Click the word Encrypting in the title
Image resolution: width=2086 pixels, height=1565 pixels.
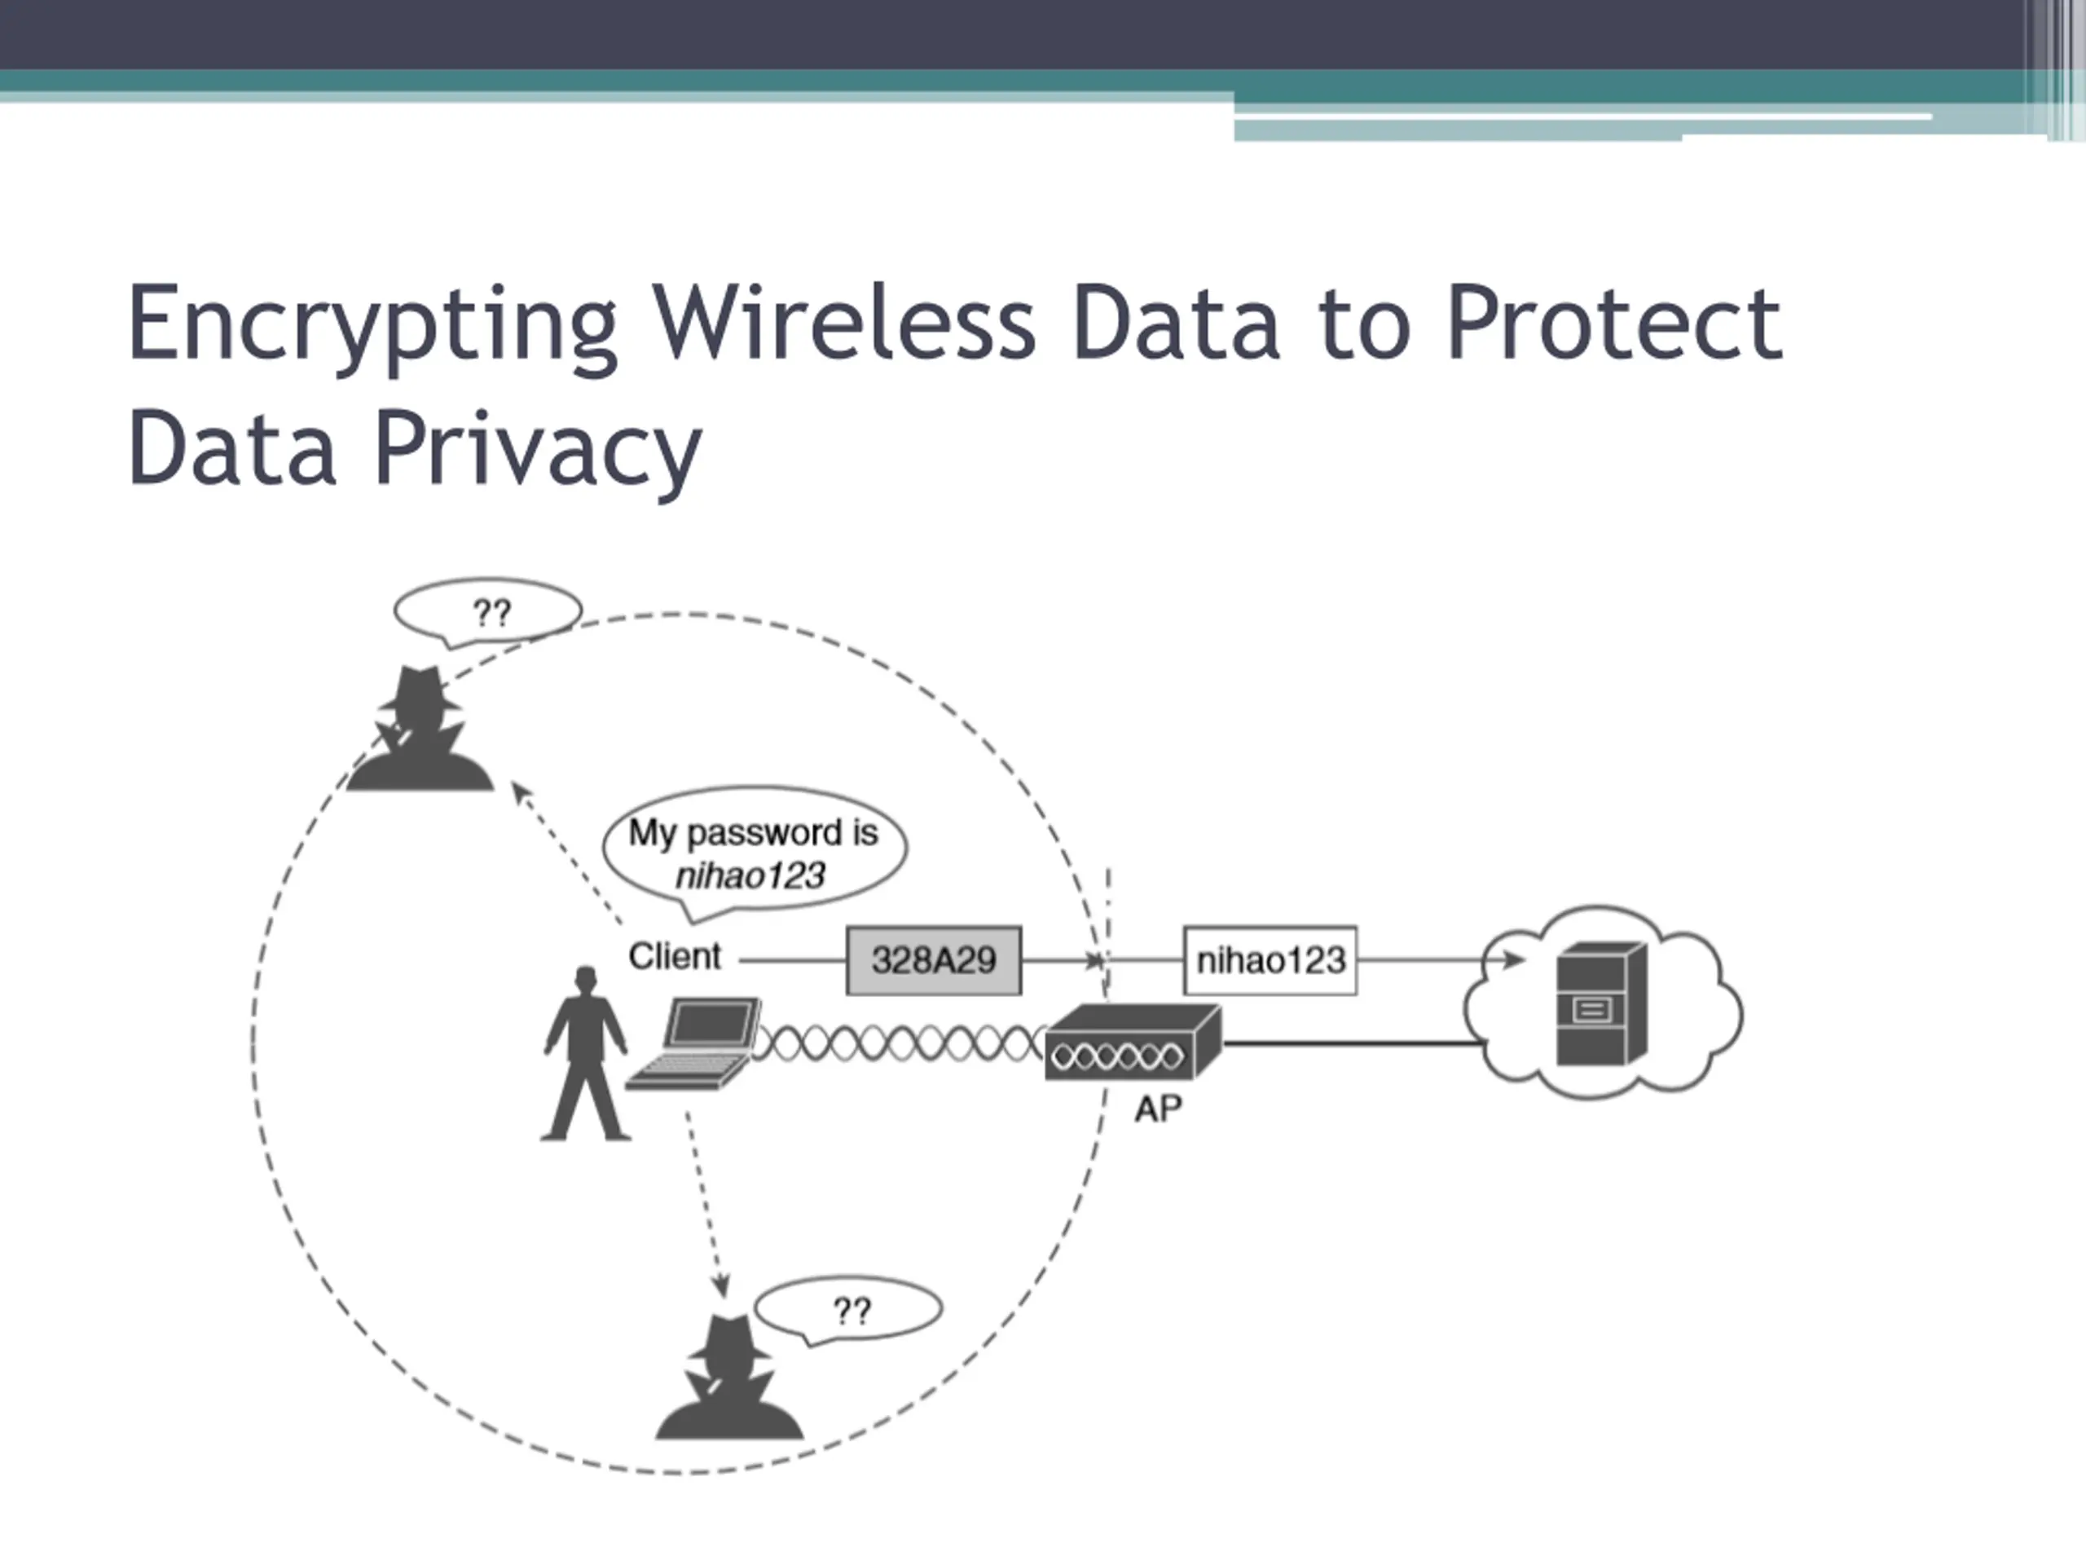coord(372,324)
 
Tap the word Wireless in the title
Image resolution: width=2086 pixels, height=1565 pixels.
coord(844,324)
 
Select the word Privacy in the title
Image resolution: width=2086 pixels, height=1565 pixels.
coord(538,449)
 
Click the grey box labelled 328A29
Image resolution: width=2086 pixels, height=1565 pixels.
coord(934,960)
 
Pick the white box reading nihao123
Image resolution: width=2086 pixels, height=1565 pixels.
coord(1270,960)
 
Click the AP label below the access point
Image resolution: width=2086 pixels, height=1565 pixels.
coord(1157,1109)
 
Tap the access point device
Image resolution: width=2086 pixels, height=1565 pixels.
coord(1132,1043)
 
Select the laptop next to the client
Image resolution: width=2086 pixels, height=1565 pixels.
coord(698,1043)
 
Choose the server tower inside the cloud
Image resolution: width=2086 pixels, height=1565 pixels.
coord(1600,1006)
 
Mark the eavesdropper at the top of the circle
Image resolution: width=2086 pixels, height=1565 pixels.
coord(420,731)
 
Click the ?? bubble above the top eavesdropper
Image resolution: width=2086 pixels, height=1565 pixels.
coord(488,613)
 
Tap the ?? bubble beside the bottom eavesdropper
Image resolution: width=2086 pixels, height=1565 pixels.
coord(850,1309)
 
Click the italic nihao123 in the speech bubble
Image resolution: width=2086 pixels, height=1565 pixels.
coord(750,876)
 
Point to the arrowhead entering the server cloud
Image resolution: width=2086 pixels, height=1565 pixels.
coord(1514,960)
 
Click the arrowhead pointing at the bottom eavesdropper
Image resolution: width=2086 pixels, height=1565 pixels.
coord(720,1285)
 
